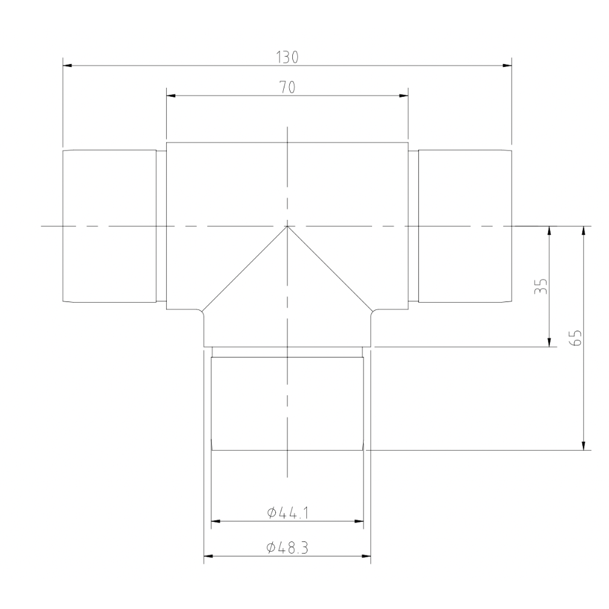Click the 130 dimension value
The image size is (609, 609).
click(x=287, y=57)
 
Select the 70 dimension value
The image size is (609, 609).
click(x=287, y=88)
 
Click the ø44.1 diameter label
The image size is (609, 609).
click(x=287, y=513)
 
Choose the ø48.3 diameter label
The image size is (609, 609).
click(x=287, y=548)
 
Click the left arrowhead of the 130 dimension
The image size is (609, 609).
click(x=67, y=65)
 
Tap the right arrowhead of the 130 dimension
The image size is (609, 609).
click(x=507, y=65)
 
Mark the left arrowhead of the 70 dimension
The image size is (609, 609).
click(x=171, y=96)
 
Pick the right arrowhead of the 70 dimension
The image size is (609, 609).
click(x=403, y=96)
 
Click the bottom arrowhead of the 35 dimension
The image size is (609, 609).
click(x=550, y=342)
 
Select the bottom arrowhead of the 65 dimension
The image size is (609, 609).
click(x=584, y=445)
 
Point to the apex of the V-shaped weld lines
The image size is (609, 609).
click(x=287, y=227)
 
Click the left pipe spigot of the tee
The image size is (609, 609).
click(x=110, y=226)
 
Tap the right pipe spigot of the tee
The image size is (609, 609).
click(x=464, y=226)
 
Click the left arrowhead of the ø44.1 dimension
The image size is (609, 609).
click(x=216, y=521)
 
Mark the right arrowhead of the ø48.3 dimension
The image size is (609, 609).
click(x=366, y=556)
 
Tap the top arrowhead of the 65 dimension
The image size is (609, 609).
click(x=584, y=231)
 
